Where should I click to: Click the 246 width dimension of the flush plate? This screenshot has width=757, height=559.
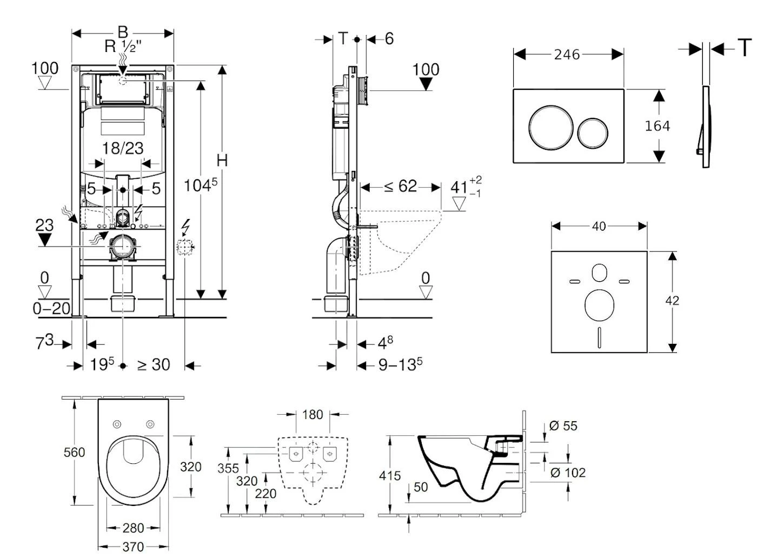click(567, 55)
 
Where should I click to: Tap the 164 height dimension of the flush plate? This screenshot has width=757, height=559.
click(657, 126)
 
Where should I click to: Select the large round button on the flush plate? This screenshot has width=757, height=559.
click(547, 127)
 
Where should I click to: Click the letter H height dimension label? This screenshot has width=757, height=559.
click(222, 161)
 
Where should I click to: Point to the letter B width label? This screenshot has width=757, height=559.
click(123, 32)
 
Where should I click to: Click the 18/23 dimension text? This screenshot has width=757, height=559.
click(123, 148)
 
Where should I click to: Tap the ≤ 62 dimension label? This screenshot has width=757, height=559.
click(401, 187)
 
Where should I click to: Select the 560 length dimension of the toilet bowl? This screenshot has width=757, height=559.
click(74, 452)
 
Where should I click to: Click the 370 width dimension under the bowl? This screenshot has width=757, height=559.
click(133, 547)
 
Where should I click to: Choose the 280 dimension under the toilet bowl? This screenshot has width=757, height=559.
click(133, 528)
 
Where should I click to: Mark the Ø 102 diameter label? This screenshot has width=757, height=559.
click(568, 473)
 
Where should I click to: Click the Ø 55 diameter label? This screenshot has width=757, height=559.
click(563, 426)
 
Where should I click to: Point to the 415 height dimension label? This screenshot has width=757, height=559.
click(390, 476)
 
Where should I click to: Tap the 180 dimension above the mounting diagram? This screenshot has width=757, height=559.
click(313, 415)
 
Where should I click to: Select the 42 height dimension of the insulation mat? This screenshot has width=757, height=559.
click(672, 301)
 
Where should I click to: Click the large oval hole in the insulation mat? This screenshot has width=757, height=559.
click(599, 304)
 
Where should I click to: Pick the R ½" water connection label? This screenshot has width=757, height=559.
click(123, 46)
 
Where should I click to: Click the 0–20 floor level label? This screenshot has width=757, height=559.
click(51, 308)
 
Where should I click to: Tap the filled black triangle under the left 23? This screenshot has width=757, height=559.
click(44, 239)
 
